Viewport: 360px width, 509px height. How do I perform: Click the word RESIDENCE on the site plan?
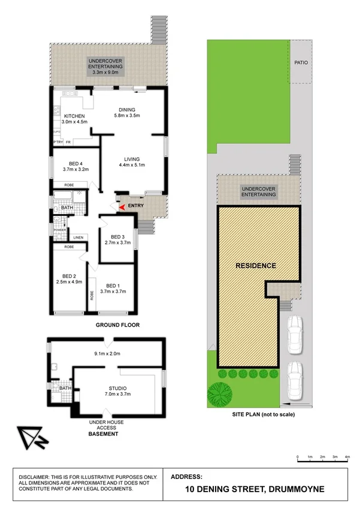point(255,266)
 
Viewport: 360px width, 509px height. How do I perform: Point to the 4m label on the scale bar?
point(347,457)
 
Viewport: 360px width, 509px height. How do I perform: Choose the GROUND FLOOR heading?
point(118,325)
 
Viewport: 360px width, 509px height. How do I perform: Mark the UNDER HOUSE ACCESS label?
point(106,422)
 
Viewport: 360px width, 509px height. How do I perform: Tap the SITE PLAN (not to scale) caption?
point(264,414)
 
